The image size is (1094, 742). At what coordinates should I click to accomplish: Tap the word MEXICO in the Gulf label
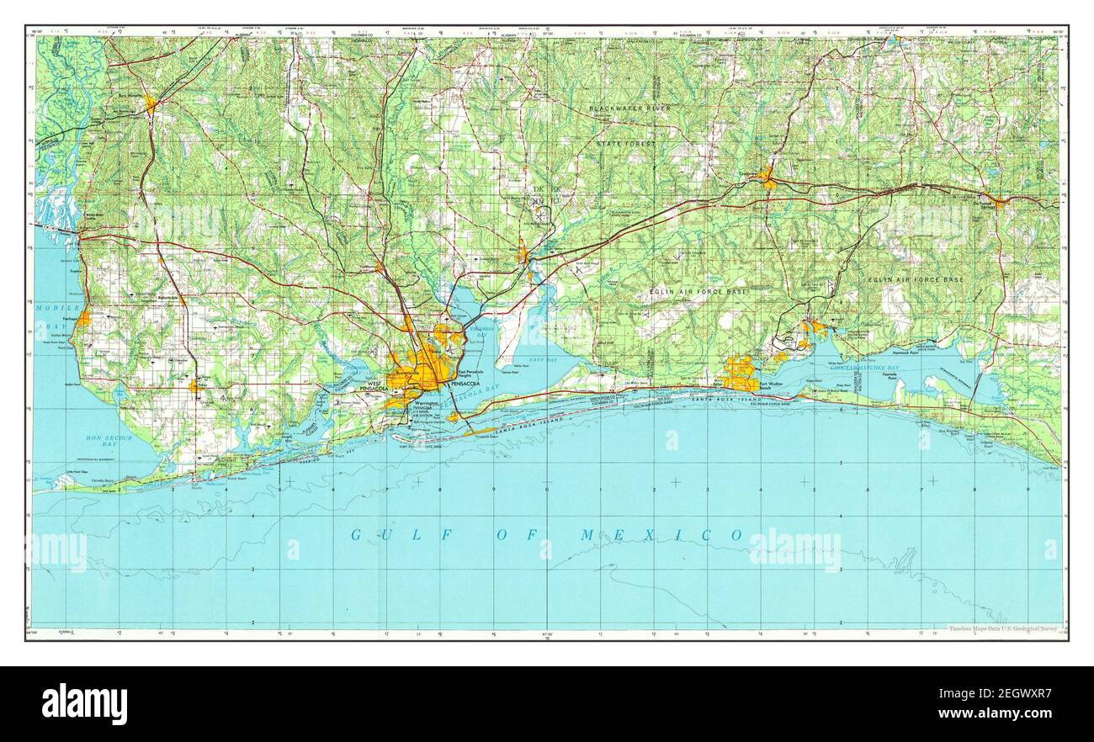tap(661, 535)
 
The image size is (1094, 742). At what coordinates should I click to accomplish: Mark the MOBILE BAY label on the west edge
tap(50, 315)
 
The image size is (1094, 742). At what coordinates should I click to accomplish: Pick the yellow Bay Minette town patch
tap(151, 105)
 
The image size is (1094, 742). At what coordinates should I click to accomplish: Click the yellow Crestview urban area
tap(767, 178)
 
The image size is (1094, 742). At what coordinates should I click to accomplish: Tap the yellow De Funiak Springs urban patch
tap(998, 202)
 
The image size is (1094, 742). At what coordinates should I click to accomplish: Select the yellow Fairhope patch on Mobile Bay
tap(84, 318)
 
